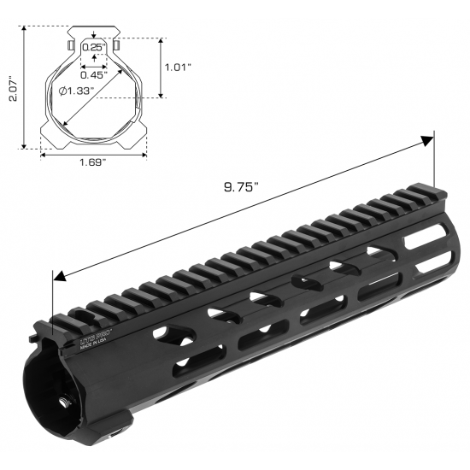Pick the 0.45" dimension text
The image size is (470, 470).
[x=95, y=73]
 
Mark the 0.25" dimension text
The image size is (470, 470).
[x=93, y=45]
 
